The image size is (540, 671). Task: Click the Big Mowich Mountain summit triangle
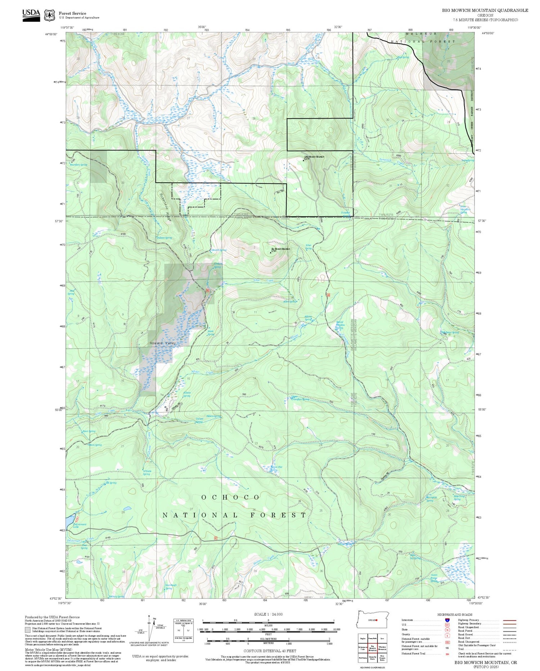[x=271, y=252]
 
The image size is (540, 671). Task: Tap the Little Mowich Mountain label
[x=314, y=157]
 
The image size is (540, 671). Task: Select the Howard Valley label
[x=163, y=343]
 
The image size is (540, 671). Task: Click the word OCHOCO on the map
[x=230, y=497]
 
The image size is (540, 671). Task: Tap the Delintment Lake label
[x=80, y=526]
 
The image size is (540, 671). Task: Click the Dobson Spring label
[x=164, y=238]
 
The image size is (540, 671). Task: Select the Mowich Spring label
[x=219, y=250]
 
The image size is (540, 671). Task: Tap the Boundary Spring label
[x=78, y=165]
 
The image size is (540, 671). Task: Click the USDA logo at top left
[x=31, y=15]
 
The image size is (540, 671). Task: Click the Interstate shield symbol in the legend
[x=447, y=620]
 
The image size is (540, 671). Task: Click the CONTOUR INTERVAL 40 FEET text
[x=270, y=651]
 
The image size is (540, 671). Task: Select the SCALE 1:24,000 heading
[x=268, y=614]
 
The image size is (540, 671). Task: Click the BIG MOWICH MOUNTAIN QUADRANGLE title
[x=485, y=10]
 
